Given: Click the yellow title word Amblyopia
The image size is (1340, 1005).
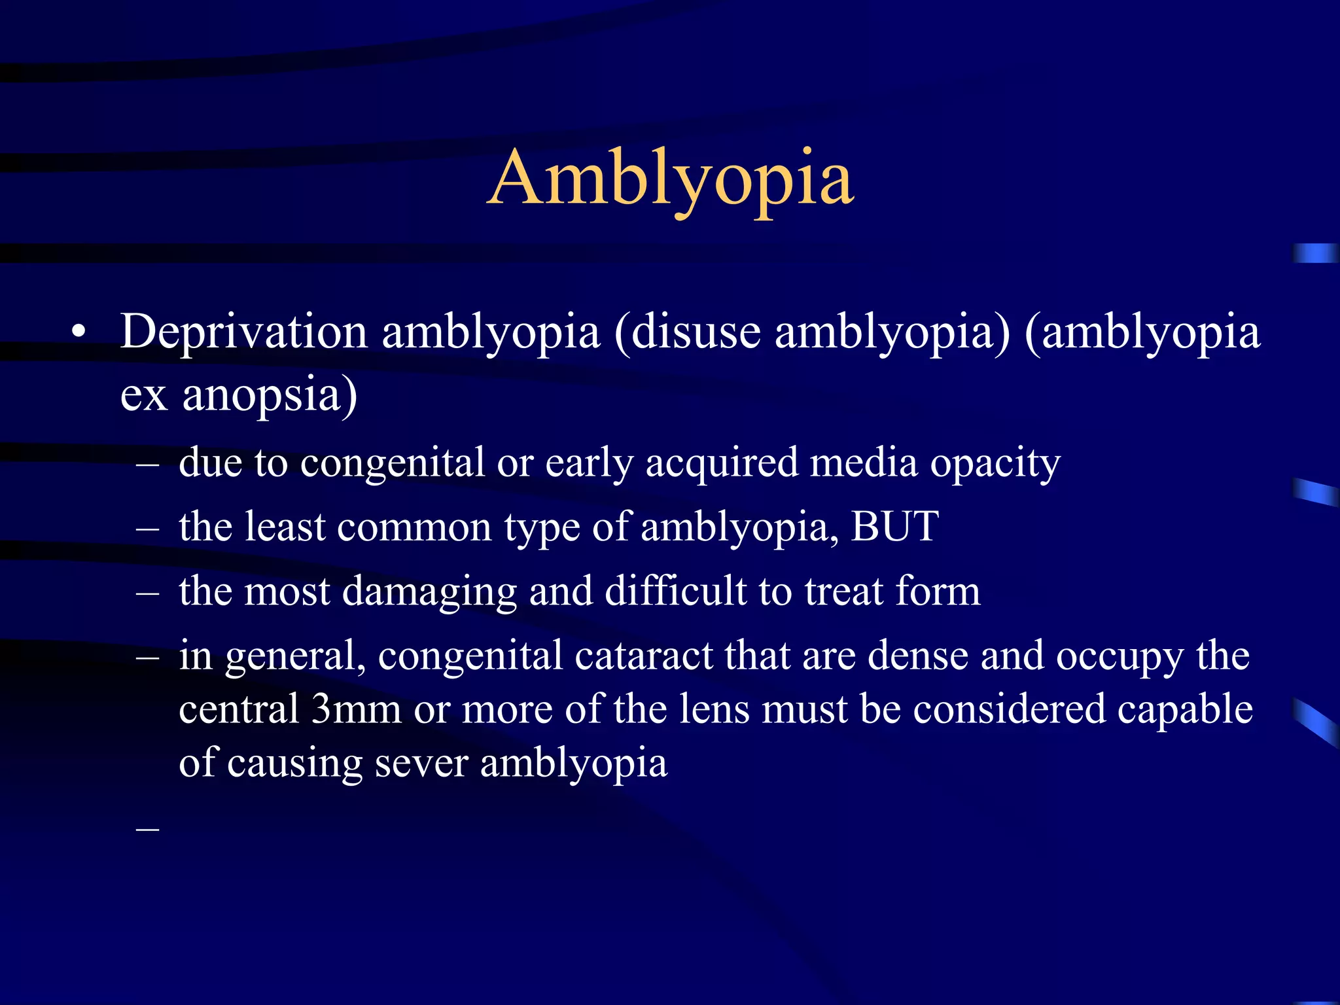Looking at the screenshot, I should (x=670, y=179).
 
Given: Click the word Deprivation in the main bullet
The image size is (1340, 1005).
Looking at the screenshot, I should (x=243, y=332).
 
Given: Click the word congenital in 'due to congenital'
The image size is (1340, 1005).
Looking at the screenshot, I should (x=393, y=463).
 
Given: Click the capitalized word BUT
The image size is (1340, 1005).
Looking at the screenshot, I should (x=894, y=526).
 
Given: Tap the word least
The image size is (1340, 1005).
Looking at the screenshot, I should (x=285, y=526).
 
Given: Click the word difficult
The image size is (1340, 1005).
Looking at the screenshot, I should (x=675, y=591).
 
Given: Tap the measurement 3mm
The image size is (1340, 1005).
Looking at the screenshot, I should (x=356, y=709).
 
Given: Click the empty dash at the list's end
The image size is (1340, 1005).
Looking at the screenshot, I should (x=148, y=828).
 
